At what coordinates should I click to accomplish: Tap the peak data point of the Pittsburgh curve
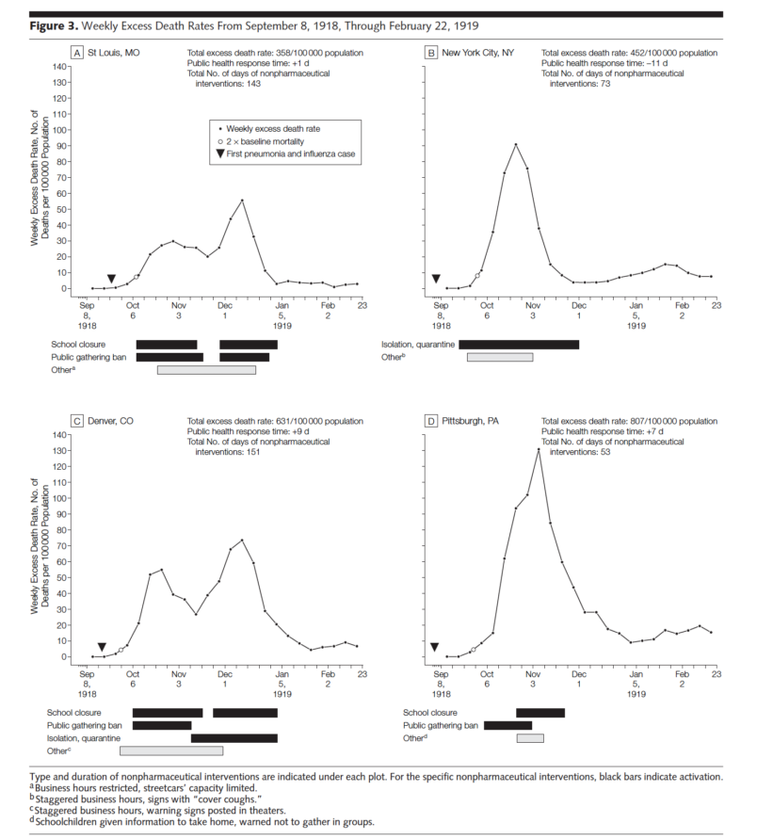(539, 450)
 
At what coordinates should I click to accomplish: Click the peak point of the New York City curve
(516, 145)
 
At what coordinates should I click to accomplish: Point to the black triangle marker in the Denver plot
(102, 648)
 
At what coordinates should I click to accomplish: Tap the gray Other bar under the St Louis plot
(206, 370)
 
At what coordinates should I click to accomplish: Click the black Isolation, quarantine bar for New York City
(519, 345)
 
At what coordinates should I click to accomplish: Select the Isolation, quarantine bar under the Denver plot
(234, 738)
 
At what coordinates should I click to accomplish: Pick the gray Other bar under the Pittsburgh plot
(530, 738)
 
